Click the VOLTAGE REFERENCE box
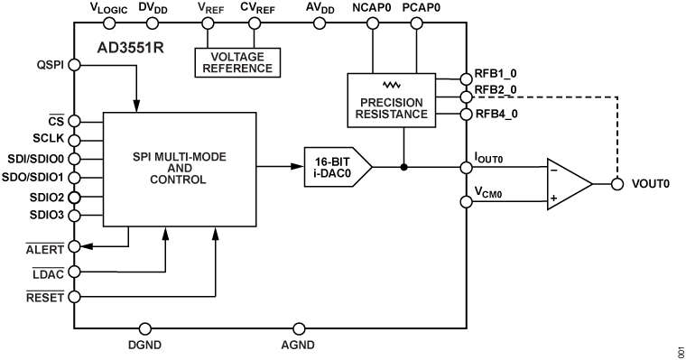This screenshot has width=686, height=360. click(234, 62)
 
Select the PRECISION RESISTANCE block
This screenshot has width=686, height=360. click(392, 101)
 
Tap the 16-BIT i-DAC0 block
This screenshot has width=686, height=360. click(333, 166)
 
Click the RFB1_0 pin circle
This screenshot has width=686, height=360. click(466, 78)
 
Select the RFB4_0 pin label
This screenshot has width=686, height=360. click(496, 115)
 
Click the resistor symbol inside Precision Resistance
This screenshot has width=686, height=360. click(391, 85)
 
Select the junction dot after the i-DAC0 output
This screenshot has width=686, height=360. click(404, 167)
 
